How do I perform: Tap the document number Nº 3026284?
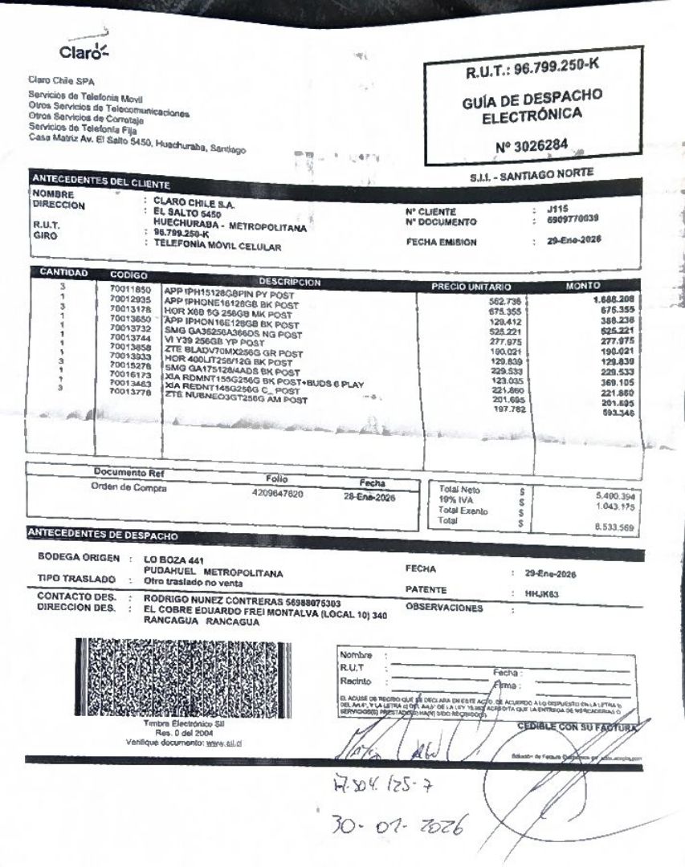tap(532, 148)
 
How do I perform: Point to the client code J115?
tap(553, 208)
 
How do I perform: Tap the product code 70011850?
tap(124, 287)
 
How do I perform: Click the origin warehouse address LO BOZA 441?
tap(173, 557)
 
